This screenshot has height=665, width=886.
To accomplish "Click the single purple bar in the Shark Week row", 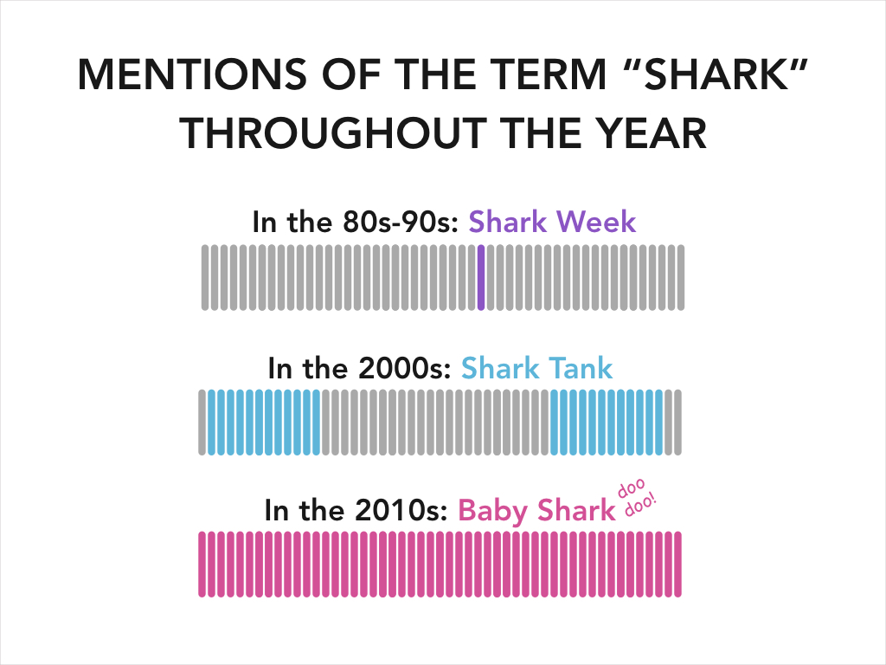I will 481,277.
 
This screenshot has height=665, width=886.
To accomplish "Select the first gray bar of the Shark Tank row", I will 202,422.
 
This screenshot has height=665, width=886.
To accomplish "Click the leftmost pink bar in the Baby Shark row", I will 202,564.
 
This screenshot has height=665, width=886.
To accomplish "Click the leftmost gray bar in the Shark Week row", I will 205,277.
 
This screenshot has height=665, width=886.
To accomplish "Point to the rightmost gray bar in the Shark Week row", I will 681,277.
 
